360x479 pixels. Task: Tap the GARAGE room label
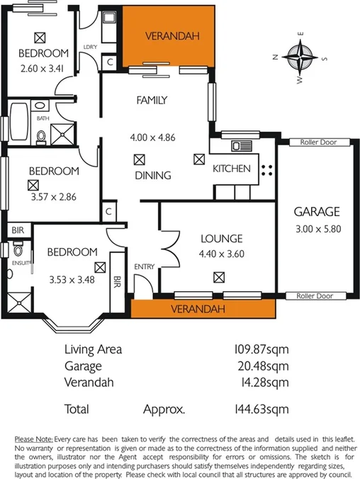click(x=317, y=211)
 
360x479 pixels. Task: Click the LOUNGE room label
click(x=221, y=239)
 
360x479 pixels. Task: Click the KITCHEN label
click(x=232, y=169)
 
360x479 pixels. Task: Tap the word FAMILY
click(x=152, y=101)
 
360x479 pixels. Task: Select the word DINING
click(x=152, y=175)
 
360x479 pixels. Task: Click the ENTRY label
click(x=145, y=266)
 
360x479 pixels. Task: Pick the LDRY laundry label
click(x=90, y=47)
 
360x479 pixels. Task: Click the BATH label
click(x=43, y=119)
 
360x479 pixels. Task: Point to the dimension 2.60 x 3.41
click(x=43, y=69)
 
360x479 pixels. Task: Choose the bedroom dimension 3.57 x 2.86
click(x=52, y=198)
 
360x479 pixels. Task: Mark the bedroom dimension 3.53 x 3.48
click(x=71, y=279)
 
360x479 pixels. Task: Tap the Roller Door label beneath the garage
click(x=314, y=296)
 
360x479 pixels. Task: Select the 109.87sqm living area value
click(x=262, y=349)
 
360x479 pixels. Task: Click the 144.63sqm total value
click(x=262, y=409)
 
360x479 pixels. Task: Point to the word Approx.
click(x=164, y=409)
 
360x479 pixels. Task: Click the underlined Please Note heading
click(x=33, y=439)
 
